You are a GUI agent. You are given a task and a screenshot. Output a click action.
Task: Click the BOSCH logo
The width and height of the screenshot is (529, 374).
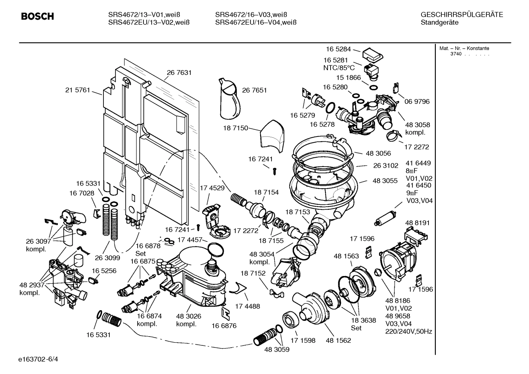coord(37,17)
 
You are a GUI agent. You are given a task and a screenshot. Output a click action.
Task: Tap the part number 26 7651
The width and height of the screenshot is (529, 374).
coord(254,90)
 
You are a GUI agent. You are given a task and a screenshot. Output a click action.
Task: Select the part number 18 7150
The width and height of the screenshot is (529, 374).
coord(236,128)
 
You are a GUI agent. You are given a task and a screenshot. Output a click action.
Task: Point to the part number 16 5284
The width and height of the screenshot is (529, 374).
coord(339,49)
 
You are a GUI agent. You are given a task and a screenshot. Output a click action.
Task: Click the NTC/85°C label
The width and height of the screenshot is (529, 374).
coord(339,68)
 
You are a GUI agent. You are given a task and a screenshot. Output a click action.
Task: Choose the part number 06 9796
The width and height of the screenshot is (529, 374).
coord(417,101)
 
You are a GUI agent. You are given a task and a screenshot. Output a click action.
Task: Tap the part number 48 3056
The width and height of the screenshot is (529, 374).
coord(378,153)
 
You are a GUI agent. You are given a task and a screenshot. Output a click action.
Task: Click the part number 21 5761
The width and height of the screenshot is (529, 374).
coord(77,90)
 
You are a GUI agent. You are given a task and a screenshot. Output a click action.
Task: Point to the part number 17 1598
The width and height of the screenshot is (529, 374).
coord(303,340)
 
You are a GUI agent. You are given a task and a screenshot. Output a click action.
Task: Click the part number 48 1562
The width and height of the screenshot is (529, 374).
coord(338,340)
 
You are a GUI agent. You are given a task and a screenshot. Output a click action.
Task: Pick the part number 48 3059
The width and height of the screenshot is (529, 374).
coord(277,349)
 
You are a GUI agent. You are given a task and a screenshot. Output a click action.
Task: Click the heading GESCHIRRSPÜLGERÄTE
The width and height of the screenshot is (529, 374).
coord(461,15)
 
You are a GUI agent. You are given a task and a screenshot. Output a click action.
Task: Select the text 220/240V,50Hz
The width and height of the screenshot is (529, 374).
coord(408,331)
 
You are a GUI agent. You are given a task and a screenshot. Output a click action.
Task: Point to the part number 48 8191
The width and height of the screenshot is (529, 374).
coord(417,223)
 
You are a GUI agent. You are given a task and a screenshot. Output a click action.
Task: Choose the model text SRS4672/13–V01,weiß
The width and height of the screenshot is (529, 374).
coord(149,15)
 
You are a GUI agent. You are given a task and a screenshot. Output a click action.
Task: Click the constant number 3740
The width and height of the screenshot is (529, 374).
coord(456,54)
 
